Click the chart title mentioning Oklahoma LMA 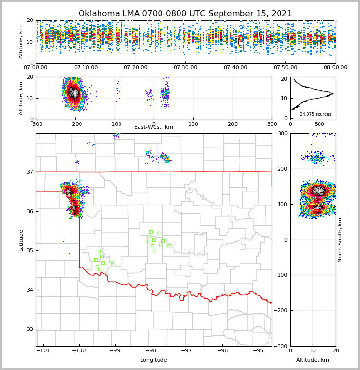click(x=185, y=14)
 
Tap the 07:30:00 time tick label click(x=185, y=68)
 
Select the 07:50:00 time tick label click(x=285, y=68)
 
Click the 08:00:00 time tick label click(x=335, y=68)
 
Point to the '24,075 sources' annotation click(x=316, y=114)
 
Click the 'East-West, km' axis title click(x=154, y=127)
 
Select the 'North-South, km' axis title click(x=340, y=240)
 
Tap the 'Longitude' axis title click(x=154, y=360)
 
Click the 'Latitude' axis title click(x=21, y=240)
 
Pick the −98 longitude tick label click(x=151, y=351)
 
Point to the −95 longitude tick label click(x=258, y=351)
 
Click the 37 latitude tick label click(x=29, y=172)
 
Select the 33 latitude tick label click(x=29, y=329)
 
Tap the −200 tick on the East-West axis click(x=75, y=124)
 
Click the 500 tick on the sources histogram click(x=319, y=124)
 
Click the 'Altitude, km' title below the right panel click(x=313, y=360)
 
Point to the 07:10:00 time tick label click(x=85, y=68)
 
